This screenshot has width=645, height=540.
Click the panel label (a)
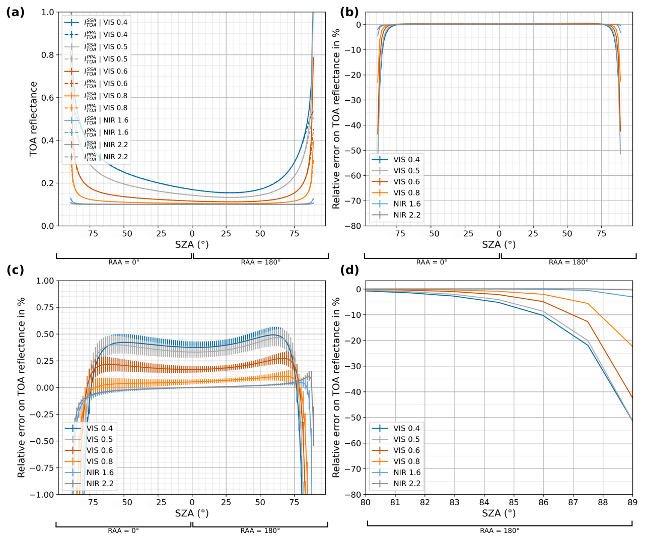tap(15, 13)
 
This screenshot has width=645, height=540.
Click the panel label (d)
tap(349, 270)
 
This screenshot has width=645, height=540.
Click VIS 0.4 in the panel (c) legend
tap(99, 428)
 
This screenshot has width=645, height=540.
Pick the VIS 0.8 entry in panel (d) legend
tap(406, 461)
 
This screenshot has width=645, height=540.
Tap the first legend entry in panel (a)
tap(106, 22)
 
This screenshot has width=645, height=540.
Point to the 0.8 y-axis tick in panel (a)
tap(48, 55)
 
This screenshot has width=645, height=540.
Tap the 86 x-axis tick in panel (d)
tap(543, 502)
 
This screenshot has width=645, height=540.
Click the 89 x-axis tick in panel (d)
tap(632, 502)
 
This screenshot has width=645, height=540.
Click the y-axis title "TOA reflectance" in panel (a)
tap(34, 119)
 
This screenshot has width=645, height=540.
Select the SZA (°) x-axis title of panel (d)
tap(498, 513)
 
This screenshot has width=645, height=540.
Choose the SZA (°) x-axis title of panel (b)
tap(498, 245)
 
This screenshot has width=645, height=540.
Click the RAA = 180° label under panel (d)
tap(499, 530)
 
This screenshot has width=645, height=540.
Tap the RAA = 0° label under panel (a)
tap(124, 262)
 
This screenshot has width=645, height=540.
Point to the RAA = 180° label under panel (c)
tap(260, 530)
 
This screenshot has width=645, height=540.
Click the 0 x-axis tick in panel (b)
tap(499, 234)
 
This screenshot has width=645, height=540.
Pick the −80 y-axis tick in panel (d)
tap(352, 495)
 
